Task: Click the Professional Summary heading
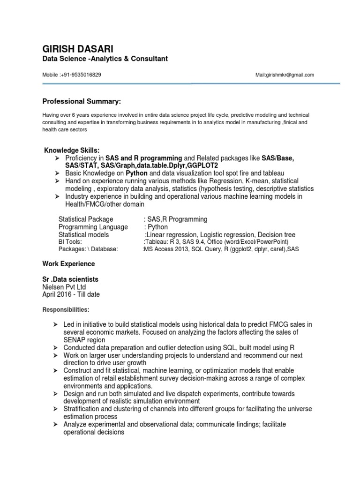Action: (x=82, y=101)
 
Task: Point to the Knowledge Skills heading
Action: (x=72, y=150)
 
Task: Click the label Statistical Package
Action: (x=86, y=219)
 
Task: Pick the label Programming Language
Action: (x=93, y=227)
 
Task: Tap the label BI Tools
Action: (x=70, y=242)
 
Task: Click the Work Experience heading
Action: (x=69, y=264)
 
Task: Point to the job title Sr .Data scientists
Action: (x=70, y=279)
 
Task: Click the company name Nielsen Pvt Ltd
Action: (x=64, y=287)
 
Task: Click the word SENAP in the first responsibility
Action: (x=75, y=339)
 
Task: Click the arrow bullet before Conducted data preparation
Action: (x=55, y=347)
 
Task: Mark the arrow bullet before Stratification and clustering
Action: (x=55, y=409)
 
